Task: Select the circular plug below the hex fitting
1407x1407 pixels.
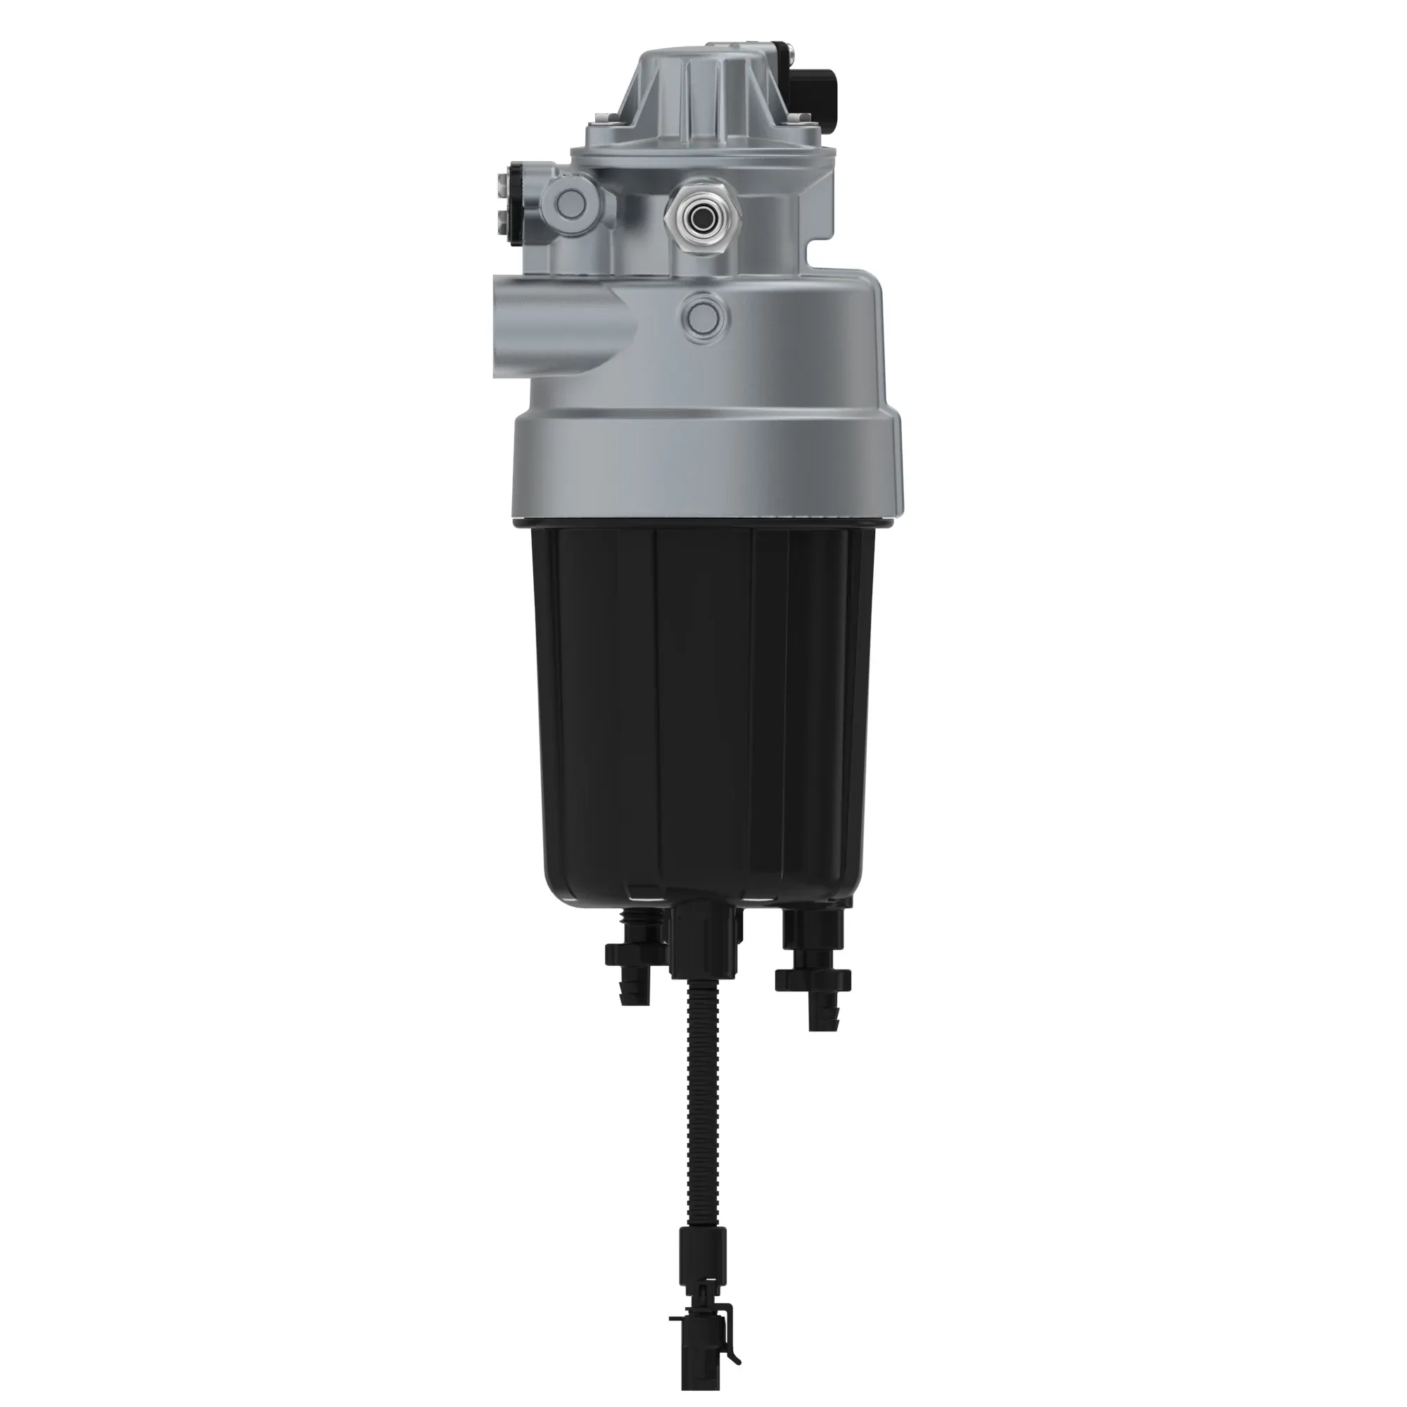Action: pyautogui.click(x=703, y=314)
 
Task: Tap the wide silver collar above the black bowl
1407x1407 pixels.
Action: pyautogui.click(x=706, y=466)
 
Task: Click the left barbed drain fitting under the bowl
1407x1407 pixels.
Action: pyautogui.click(x=634, y=961)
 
